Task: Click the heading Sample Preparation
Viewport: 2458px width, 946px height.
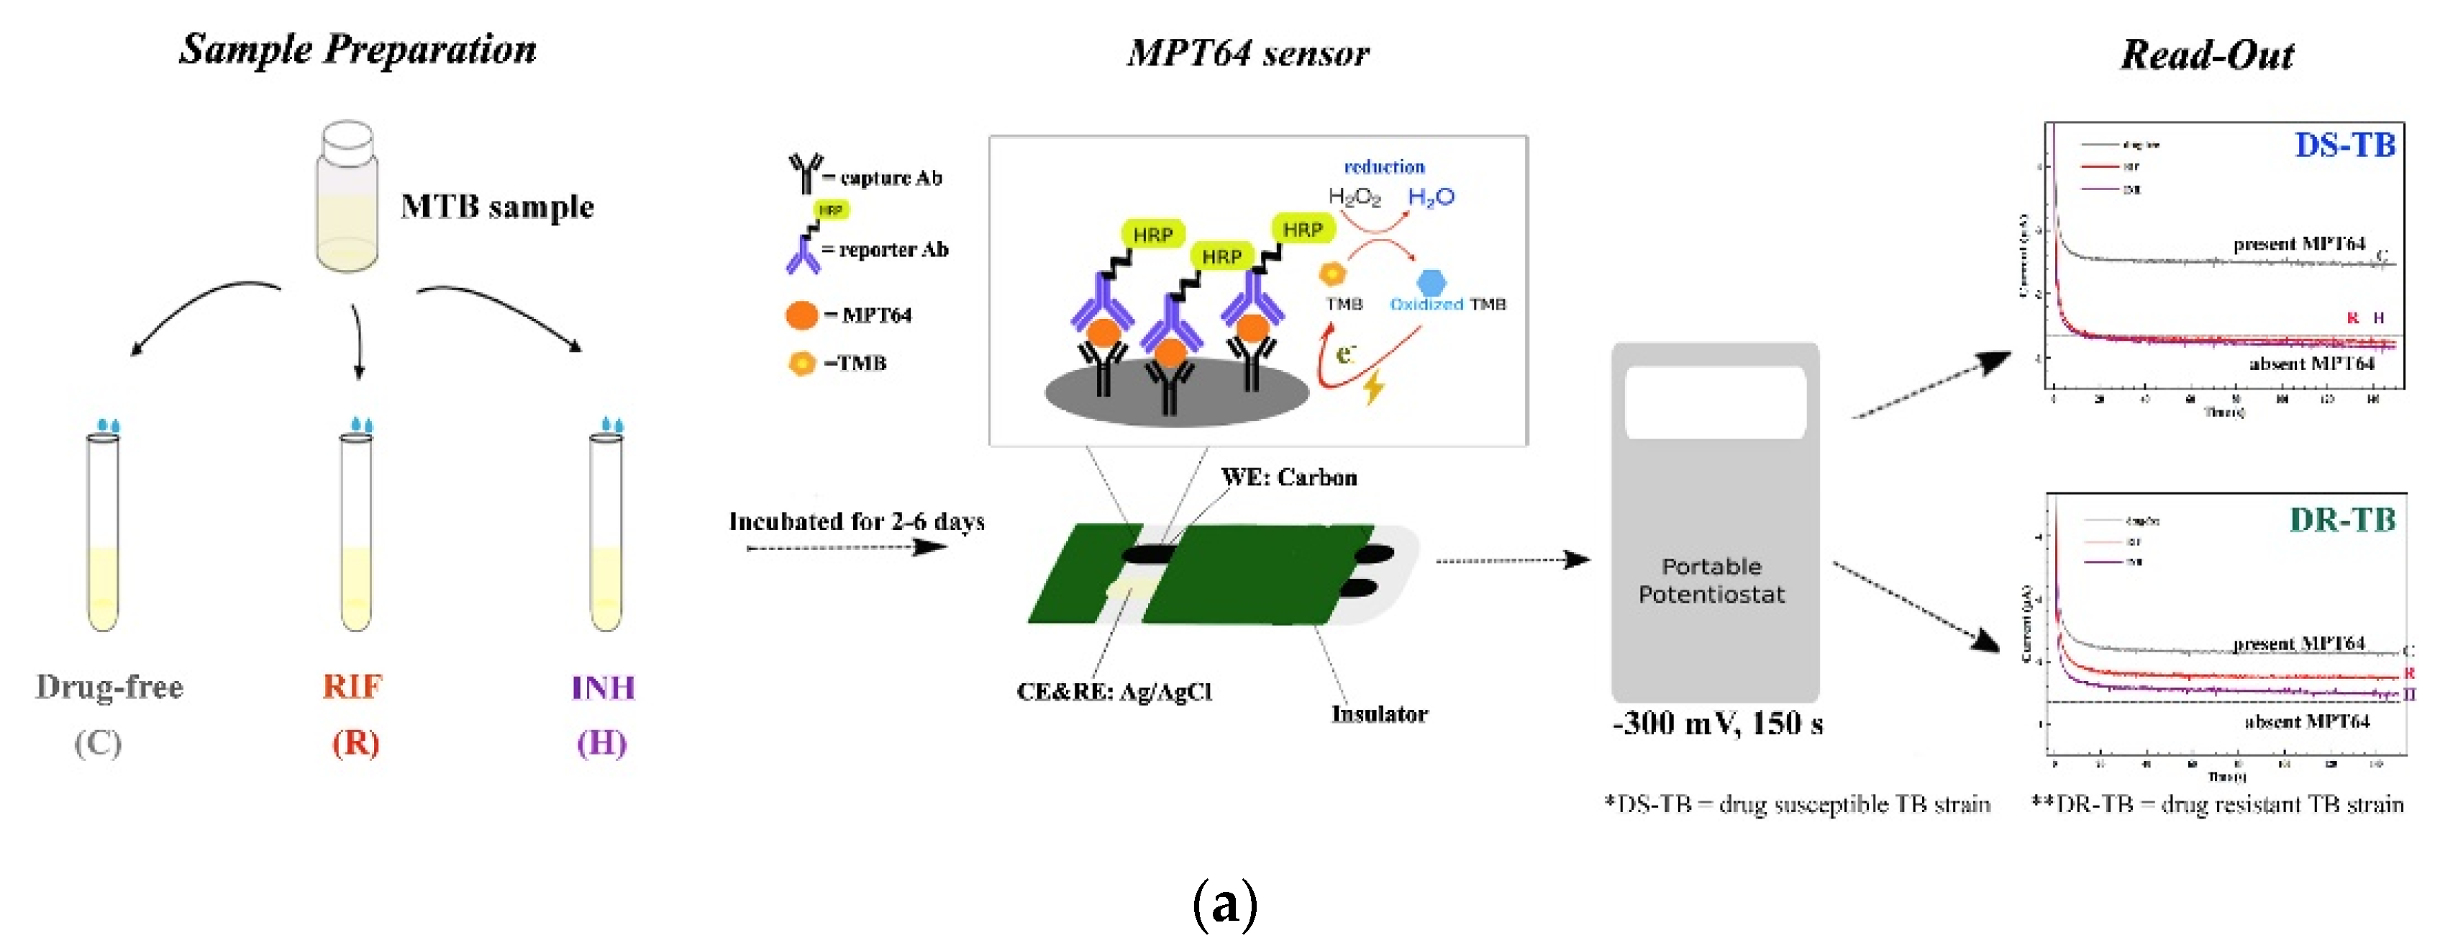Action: [358, 49]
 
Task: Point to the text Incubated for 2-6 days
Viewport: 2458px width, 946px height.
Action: [856, 521]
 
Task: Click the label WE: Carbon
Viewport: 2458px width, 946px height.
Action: [1288, 477]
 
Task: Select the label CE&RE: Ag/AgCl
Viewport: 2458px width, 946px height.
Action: [1114, 691]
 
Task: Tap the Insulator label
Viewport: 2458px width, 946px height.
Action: [1379, 714]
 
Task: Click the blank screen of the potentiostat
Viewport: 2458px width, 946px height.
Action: [1715, 402]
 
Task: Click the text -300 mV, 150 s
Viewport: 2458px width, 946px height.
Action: [1716, 724]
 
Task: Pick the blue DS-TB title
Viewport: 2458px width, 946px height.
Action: [2344, 145]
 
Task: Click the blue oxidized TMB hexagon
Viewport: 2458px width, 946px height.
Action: [1431, 281]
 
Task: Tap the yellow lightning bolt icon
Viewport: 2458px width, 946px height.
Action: [1373, 387]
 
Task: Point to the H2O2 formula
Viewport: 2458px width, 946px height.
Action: [1354, 197]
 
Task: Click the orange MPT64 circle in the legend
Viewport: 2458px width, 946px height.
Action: [801, 315]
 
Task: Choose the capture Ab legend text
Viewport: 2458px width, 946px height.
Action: [891, 179]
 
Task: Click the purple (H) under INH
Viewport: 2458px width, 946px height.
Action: [601, 743]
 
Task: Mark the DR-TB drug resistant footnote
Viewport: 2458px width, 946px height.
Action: [2216, 805]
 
